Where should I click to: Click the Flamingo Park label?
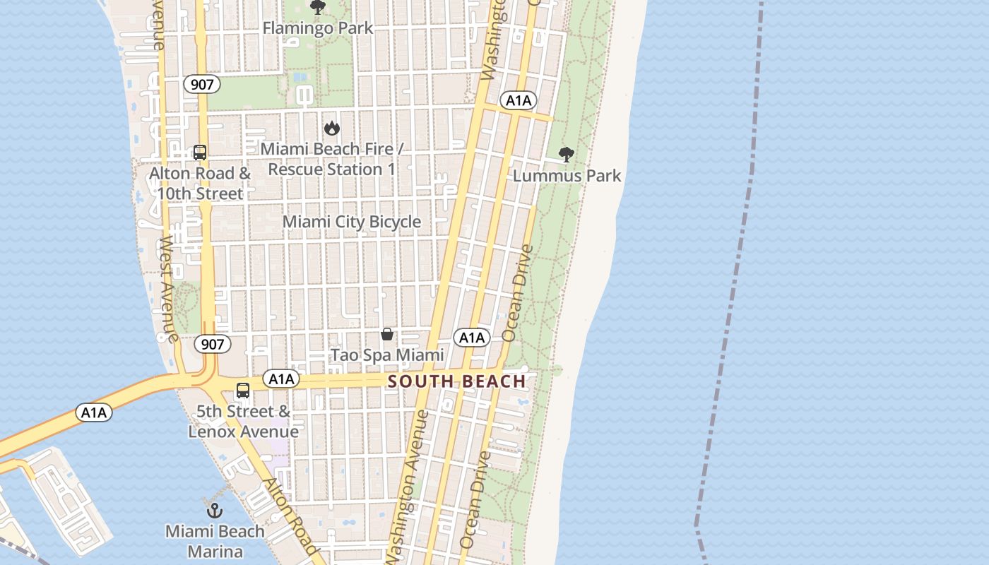[x=318, y=28]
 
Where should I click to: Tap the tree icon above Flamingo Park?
[x=318, y=8]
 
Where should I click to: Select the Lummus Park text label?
[x=567, y=175]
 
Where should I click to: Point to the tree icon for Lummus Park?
[x=566, y=155]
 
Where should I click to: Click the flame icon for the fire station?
[x=331, y=128]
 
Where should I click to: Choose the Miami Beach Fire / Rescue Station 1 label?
[x=331, y=160]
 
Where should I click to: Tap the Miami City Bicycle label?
[x=352, y=222]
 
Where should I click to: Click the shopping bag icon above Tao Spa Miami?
[x=387, y=334]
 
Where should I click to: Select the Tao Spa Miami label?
[x=388, y=355]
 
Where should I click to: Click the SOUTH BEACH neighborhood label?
[x=457, y=381]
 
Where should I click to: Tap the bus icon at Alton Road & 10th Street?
[x=200, y=152]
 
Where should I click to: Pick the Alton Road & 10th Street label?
[x=200, y=183]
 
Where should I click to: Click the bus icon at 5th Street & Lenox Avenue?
[x=243, y=390]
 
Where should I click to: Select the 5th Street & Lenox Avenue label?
[x=243, y=421]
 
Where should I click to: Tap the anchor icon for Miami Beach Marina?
[x=215, y=511]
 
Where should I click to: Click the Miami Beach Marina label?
[x=215, y=541]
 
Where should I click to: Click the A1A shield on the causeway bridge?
[x=94, y=412]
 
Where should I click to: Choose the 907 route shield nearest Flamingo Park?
[x=202, y=85]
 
